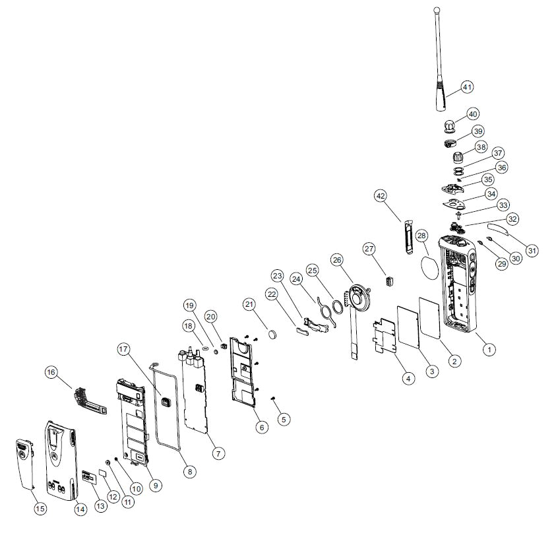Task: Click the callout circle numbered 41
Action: [467, 86]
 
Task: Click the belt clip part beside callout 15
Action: [23, 462]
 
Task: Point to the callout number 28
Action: [421, 237]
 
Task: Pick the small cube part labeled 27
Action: [389, 281]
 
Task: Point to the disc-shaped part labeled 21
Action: [276, 335]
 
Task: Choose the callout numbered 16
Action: [51, 373]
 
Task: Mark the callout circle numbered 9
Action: [156, 485]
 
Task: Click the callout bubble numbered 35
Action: [487, 179]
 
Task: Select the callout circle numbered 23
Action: [277, 275]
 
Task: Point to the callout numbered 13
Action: [100, 505]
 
